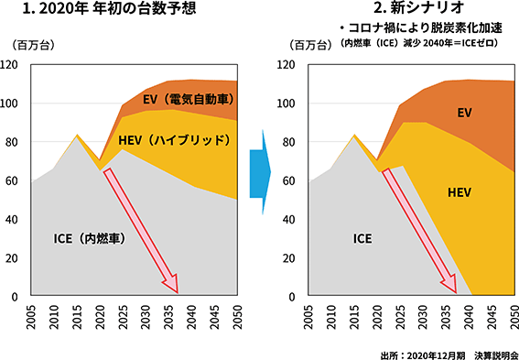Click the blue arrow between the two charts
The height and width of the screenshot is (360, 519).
(260, 172)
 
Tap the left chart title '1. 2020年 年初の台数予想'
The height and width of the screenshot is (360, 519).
(110, 8)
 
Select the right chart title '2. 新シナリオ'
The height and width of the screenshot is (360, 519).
(418, 8)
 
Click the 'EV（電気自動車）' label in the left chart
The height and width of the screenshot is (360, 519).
(189, 99)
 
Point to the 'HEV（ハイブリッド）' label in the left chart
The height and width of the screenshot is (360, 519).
(175, 140)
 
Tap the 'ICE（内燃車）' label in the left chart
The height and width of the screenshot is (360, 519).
(90, 238)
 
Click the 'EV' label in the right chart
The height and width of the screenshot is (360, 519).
(464, 113)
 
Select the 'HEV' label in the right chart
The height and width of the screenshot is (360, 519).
(460, 192)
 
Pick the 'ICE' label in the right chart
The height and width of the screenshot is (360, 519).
(362, 238)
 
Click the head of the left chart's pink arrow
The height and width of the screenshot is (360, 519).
(178, 293)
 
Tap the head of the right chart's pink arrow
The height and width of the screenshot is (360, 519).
(457, 293)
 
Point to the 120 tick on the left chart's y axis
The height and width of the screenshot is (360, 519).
(11, 65)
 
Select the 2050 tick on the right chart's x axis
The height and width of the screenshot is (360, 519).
(514, 317)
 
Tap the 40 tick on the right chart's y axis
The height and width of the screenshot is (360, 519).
(288, 219)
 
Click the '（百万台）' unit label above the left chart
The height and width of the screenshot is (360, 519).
(33, 46)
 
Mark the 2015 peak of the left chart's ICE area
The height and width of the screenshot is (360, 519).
(77, 136)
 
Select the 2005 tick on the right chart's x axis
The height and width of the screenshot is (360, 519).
(308, 317)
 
